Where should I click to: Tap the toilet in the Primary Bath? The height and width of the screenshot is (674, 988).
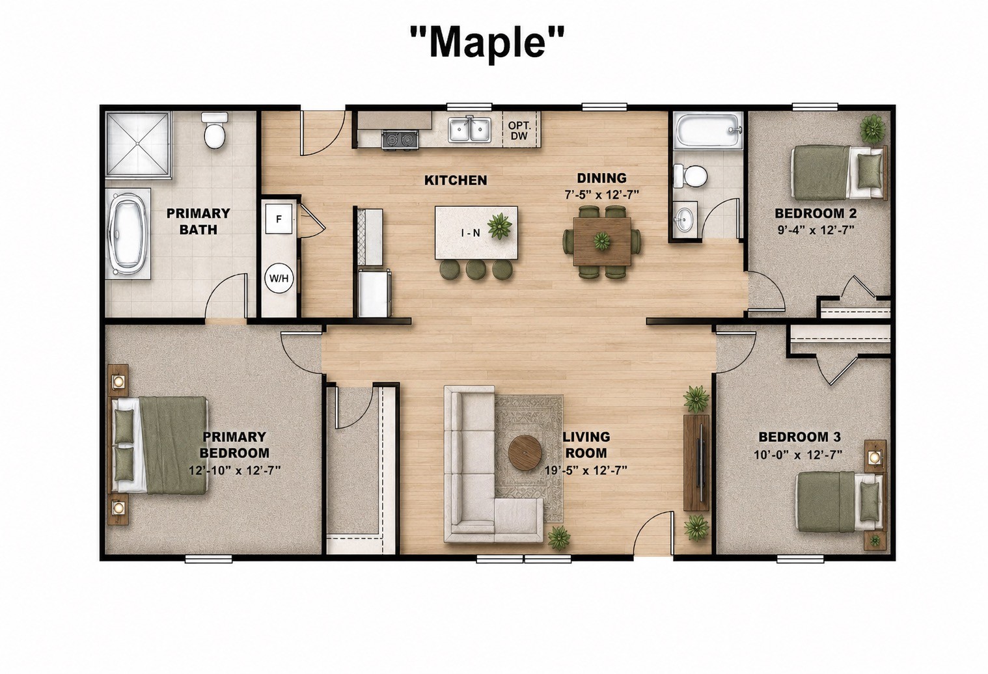(x=215, y=130)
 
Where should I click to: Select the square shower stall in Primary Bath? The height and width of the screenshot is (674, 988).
(x=139, y=144)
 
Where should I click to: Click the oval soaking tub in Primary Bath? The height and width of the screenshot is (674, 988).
(x=128, y=234)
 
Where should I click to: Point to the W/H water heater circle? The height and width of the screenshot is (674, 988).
(x=279, y=278)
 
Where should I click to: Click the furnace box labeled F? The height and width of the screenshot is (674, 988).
(x=279, y=219)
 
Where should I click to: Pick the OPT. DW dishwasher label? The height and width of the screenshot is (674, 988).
(x=519, y=131)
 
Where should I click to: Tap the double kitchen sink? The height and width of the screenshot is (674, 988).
(x=470, y=129)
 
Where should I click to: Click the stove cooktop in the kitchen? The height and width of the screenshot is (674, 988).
(x=400, y=140)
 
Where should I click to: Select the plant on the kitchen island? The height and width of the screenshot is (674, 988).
(x=499, y=226)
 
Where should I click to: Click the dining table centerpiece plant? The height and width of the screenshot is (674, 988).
(x=601, y=241)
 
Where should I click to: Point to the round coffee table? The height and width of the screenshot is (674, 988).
(x=525, y=453)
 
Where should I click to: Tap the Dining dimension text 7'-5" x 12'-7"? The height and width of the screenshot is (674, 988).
(x=601, y=195)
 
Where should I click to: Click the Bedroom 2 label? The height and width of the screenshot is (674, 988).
(x=816, y=213)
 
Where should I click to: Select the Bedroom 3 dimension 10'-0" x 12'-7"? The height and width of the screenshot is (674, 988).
(x=798, y=455)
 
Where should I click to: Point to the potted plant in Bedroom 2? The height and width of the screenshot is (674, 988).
(x=872, y=128)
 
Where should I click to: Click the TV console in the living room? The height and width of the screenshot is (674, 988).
(x=696, y=463)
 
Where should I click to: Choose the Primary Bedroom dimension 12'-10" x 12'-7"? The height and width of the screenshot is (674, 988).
(x=235, y=471)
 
